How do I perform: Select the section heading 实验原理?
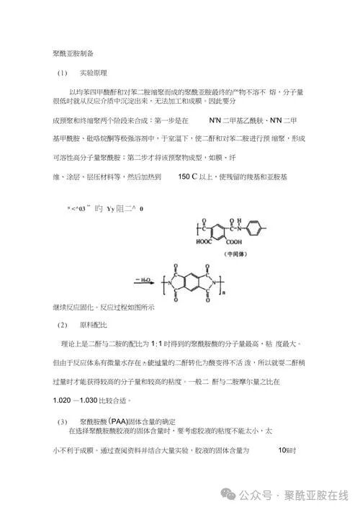click(x=95, y=73)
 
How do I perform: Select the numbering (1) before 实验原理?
click(x=62, y=73)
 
